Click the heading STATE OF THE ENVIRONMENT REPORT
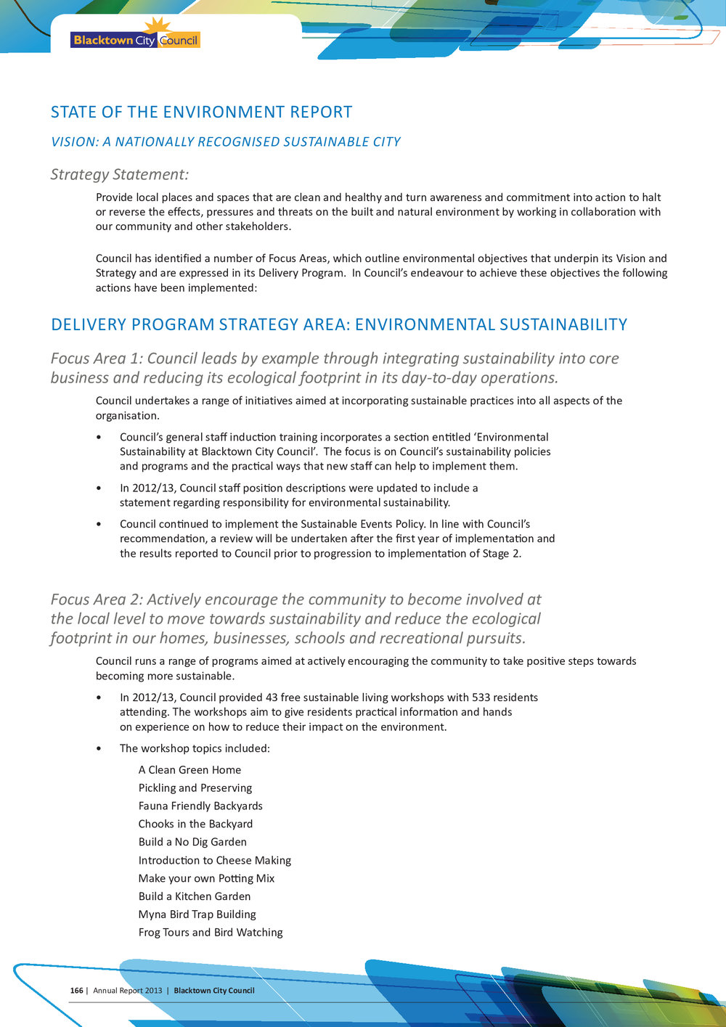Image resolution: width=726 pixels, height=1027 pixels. point(201,112)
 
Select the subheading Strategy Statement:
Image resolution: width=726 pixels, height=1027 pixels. point(120,174)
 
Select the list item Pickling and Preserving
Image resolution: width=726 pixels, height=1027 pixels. point(195,788)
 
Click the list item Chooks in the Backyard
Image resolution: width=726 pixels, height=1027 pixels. point(195,824)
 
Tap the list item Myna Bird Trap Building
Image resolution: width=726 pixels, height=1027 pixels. point(197,915)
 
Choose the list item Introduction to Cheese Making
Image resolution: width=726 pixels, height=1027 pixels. point(214,860)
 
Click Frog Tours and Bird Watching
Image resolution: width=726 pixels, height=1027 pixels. point(211,933)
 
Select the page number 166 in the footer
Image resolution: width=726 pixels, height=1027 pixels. point(76,991)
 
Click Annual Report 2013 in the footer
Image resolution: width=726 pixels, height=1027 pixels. point(127,991)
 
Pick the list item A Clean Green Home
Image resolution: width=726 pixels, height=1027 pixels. point(189,770)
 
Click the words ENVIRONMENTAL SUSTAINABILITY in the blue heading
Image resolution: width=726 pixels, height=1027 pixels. point(491,324)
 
